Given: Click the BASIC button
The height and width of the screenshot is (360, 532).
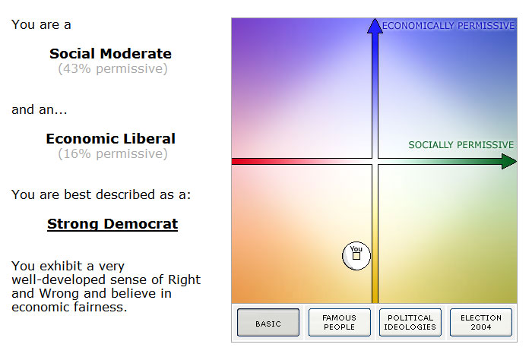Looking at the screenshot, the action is tap(268, 322).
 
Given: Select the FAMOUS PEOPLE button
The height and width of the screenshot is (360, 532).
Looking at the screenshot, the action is tap(339, 322).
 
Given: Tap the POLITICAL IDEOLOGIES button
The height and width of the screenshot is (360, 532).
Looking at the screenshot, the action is tap(410, 322).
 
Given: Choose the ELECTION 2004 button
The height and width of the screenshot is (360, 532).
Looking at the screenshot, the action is tap(481, 322).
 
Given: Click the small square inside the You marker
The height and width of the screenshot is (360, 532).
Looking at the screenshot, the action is tap(356, 256).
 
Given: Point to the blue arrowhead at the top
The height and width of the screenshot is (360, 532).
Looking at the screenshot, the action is tap(375, 26).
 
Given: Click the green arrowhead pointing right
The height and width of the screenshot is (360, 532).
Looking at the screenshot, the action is tap(509, 161).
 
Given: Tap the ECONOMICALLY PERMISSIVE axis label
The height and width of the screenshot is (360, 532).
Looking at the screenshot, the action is tap(448, 26).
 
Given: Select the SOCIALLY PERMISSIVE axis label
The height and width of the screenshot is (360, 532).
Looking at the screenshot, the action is tap(461, 145).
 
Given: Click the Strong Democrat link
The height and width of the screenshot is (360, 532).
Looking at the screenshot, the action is tap(112, 224).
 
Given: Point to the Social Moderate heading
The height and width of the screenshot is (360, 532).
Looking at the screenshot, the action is tap(111, 54).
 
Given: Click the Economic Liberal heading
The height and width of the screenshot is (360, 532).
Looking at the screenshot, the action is tap(111, 139).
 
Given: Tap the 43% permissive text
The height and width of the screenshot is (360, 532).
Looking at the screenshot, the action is tap(112, 69).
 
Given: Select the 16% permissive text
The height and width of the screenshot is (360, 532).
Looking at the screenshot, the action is tap(112, 154).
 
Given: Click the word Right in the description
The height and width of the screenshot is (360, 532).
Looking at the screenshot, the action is tap(184, 280).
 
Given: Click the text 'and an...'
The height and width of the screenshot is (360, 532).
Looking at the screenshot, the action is tap(40, 110).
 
